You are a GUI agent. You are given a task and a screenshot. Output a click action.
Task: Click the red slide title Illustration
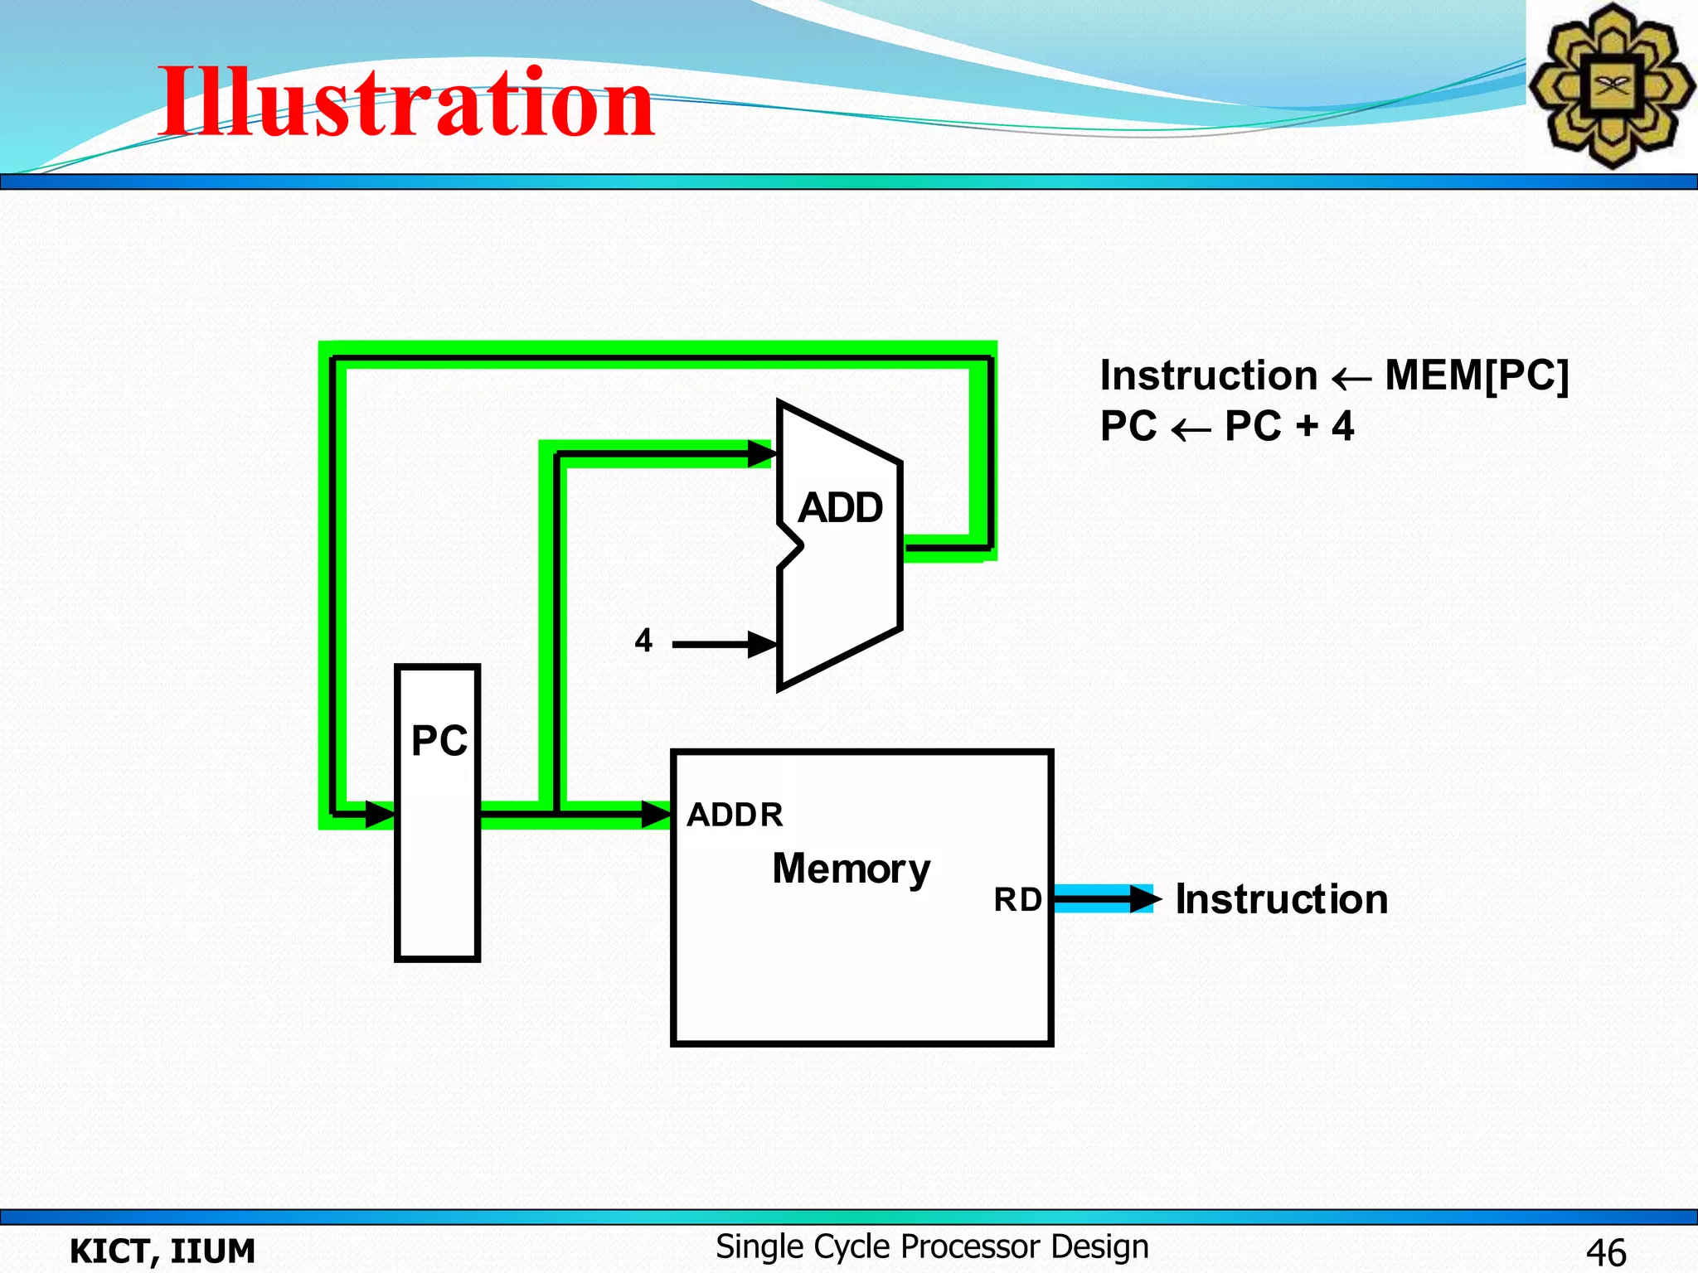(406, 103)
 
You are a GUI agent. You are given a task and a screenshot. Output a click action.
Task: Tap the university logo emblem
(1611, 85)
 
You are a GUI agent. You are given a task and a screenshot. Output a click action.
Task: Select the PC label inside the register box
(439, 740)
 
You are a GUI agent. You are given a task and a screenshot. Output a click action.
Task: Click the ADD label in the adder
(840, 507)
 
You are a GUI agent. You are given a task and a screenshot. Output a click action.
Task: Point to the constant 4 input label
(643, 641)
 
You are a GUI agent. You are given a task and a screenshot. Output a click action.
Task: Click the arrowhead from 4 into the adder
(762, 644)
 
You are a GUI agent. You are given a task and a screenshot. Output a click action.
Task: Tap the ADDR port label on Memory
(735, 815)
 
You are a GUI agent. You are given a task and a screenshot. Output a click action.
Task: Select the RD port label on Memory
(1017, 899)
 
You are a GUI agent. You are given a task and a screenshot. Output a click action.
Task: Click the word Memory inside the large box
(851, 869)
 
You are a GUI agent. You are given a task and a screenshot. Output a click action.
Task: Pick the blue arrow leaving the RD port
(1103, 898)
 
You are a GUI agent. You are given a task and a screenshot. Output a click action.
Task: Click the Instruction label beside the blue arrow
(1281, 899)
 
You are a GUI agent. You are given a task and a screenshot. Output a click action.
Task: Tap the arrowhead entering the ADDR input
(656, 814)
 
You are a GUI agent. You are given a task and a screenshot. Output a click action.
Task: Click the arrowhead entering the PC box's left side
(381, 814)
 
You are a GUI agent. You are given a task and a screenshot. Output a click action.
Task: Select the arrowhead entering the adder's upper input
(762, 453)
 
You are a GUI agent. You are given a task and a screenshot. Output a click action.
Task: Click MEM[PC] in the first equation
(1477, 375)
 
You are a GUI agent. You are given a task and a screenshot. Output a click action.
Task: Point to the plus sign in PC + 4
(1307, 426)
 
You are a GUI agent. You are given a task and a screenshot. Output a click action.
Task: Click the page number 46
(1605, 1251)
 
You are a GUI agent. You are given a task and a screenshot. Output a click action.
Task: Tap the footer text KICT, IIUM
(163, 1251)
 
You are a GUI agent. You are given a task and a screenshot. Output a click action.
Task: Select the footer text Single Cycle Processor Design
(932, 1246)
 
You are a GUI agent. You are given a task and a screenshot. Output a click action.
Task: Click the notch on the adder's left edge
(793, 546)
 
